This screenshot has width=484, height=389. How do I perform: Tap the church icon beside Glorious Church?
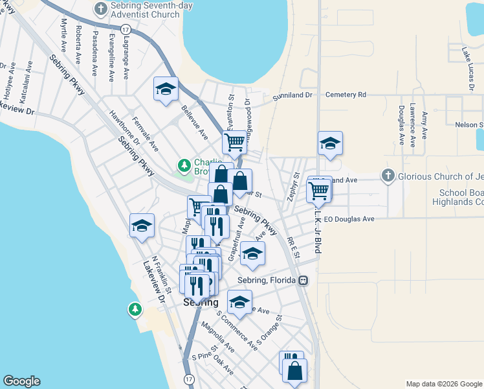[x=388, y=176]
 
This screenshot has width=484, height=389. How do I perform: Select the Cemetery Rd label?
[x=346, y=95]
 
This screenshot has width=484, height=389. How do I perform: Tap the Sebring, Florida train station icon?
[x=303, y=280]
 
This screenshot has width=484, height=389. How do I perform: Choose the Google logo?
[x=21, y=381]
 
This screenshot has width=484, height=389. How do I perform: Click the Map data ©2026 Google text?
[x=443, y=384]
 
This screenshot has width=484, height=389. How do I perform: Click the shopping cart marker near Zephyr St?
[x=318, y=190]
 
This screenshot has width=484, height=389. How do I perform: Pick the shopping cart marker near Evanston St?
[x=234, y=142]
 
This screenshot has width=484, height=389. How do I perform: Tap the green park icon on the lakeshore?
[x=135, y=310]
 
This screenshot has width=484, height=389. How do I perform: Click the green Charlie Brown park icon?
[x=184, y=167]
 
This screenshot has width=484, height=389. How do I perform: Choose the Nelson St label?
[x=469, y=124]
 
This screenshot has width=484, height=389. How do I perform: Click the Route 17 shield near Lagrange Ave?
[x=126, y=30]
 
